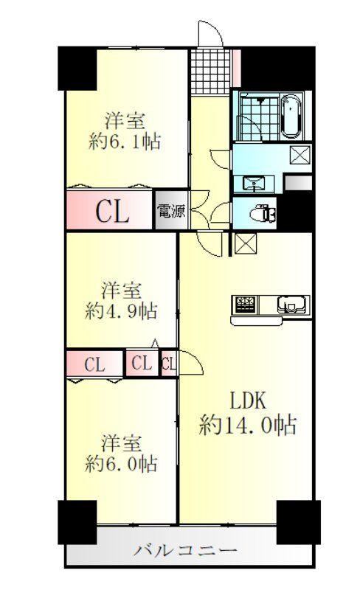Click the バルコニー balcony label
pos(186,550)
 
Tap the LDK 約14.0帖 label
pos(247,413)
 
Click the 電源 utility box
pos(171,210)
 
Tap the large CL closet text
pos(112,212)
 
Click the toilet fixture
pos(263,213)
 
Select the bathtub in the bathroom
pos(291,116)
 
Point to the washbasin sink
pos(254,184)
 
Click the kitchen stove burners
pos(246,304)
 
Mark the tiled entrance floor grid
pos(210,72)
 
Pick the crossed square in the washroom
pos(300,155)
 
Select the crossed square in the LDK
pos(245,243)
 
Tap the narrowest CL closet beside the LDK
pos(169,364)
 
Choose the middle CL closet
pos(142,364)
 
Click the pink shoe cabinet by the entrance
pos(236,68)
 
